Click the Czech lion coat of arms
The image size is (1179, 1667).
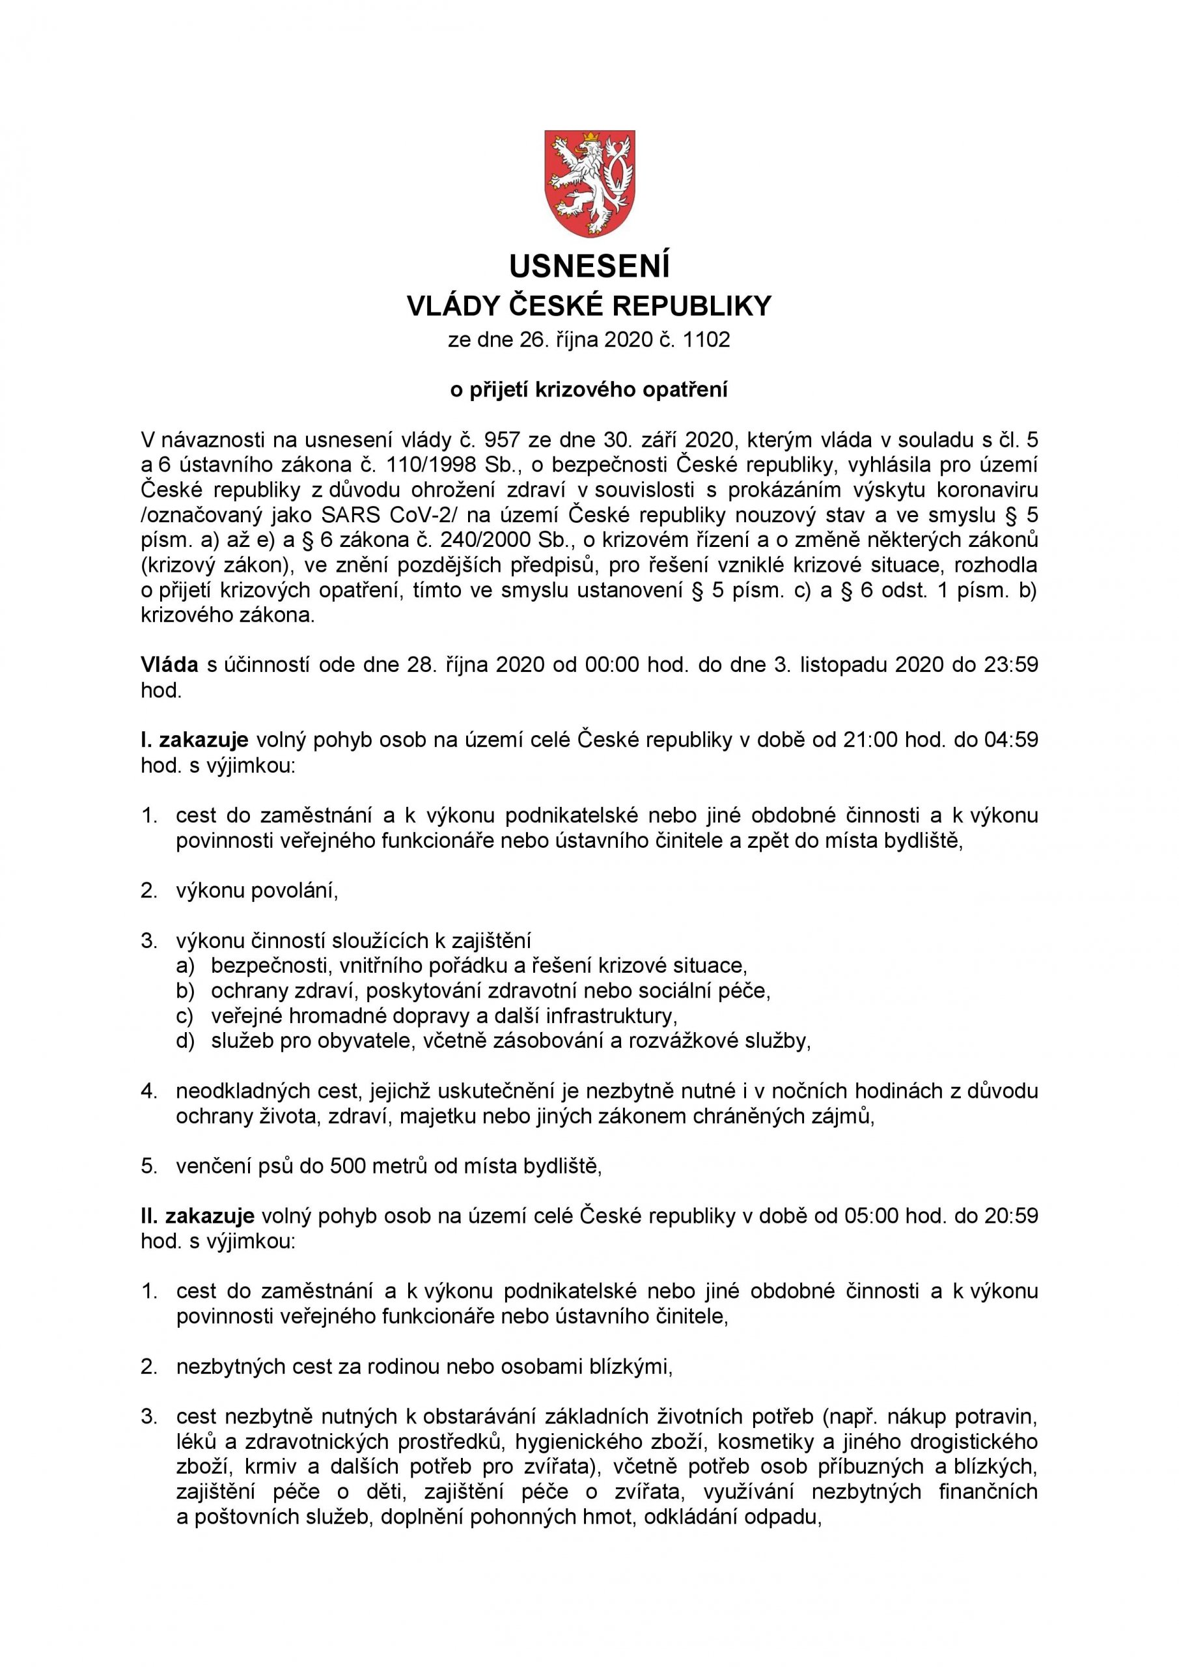click(x=590, y=183)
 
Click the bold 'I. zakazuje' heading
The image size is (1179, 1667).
click(x=195, y=740)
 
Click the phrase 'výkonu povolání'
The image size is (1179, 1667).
click(x=257, y=890)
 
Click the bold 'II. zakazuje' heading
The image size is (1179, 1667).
click(x=197, y=1216)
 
